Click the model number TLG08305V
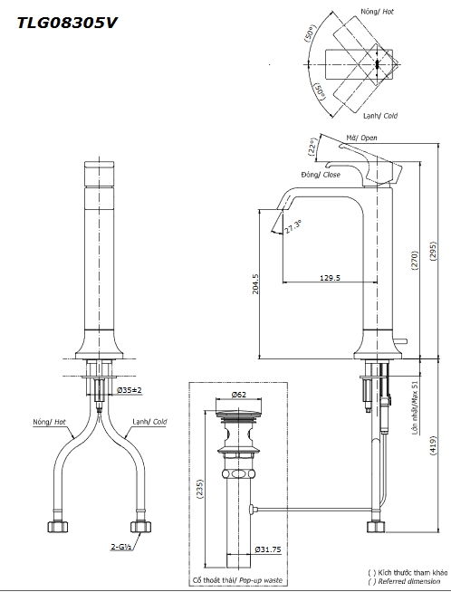click(x=67, y=23)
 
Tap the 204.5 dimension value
click(x=255, y=284)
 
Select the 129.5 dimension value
click(x=330, y=278)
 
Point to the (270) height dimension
click(x=415, y=260)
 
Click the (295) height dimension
click(x=433, y=251)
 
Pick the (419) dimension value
click(x=433, y=446)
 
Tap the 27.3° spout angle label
click(x=293, y=226)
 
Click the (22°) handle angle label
click(x=312, y=147)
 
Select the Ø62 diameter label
click(x=239, y=395)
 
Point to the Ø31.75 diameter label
click(x=268, y=549)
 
